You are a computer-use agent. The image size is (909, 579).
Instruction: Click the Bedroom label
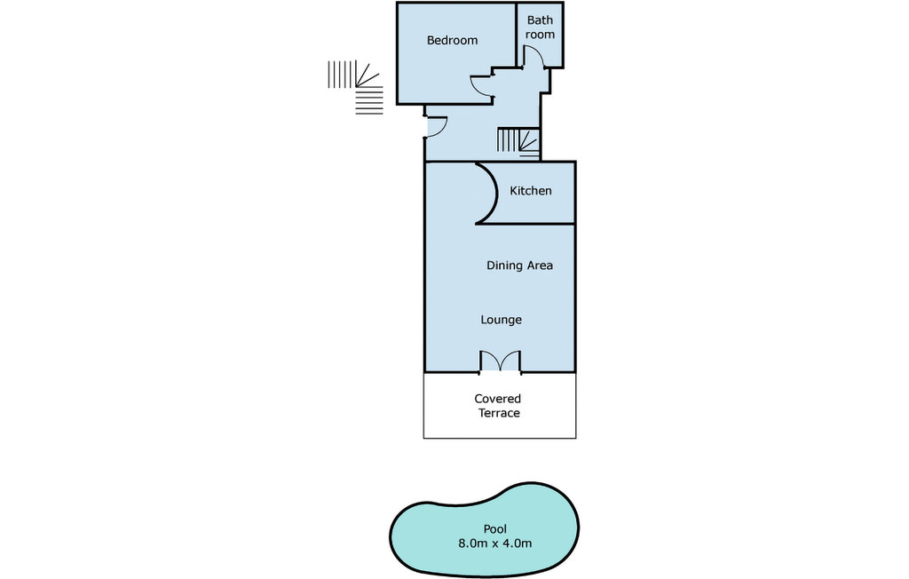[x=452, y=40]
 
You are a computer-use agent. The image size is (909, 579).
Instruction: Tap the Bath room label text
[x=540, y=27]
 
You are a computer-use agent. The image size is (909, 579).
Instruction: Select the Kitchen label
[x=530, y=191]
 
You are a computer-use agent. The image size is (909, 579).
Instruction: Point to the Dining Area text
[x=519, y=266]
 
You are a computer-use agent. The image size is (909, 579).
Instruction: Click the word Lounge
[x=501, y=320]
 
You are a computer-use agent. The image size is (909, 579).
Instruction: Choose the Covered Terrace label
[x=498, y=406]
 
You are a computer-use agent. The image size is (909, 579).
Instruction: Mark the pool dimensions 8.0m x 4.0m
[x=494, y=543]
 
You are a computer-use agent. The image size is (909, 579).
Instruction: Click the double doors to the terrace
[x=500, y=361]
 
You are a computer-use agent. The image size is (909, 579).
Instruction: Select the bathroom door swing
[x=533, y=58]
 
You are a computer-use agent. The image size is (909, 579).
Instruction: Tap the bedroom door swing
[x=481, y=84]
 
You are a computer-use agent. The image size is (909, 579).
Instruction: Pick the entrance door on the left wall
[x=435, y=128]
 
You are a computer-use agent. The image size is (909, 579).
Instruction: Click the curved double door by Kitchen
[x=486, y=193]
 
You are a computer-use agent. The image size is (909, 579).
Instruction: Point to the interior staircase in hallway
[x=518, y=142]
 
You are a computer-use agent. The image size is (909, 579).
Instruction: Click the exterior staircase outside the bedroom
[x=357, y=86]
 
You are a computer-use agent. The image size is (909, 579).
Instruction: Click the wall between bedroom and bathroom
[x=518, y=36]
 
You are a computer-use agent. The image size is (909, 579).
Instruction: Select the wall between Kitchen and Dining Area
[x=527, y=224]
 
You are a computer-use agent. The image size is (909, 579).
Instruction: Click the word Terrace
[x=498, y=413]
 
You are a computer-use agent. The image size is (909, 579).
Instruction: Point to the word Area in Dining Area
[x=540, y=266]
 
